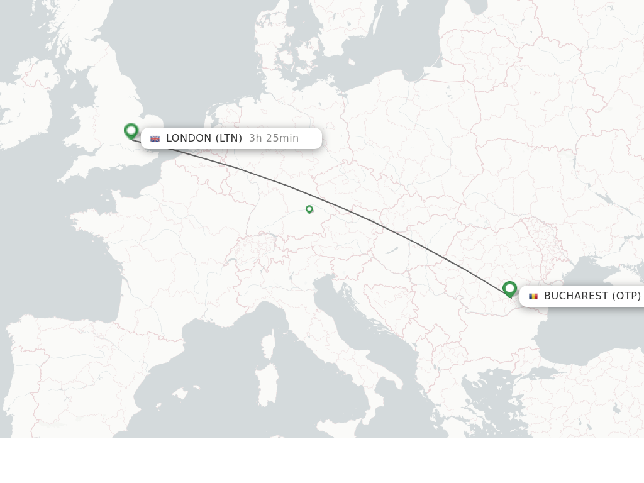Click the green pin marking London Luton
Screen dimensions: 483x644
(131, 131)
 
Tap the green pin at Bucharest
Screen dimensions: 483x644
(509, 289)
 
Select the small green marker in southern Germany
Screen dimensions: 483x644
(309, 209)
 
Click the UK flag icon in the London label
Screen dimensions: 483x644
(155, 138)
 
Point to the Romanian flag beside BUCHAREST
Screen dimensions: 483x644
(533, 296)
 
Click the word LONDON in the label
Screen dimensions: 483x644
(189, 138)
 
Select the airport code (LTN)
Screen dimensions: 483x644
(229, 138)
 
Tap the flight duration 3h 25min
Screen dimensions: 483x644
(274, 138)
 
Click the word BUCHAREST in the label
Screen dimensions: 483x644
(576, 296)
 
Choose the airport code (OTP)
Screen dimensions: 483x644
(626, 296)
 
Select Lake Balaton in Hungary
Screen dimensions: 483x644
(391, 251)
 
